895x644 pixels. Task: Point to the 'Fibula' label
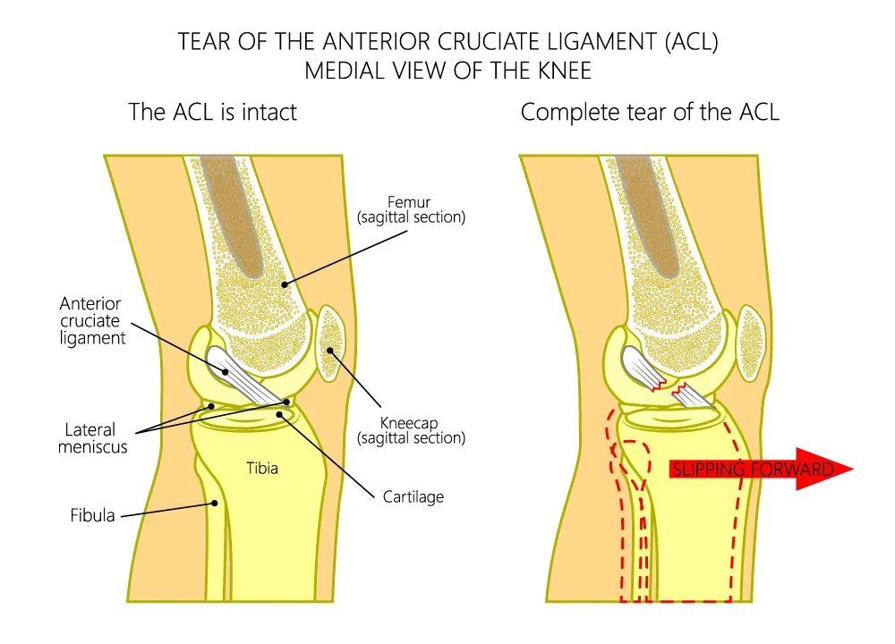coord(93,515)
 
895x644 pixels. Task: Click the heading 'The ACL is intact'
coord(212,113)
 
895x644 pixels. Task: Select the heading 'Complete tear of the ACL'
coord(649,113)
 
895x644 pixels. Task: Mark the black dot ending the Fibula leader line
coord(216,504)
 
